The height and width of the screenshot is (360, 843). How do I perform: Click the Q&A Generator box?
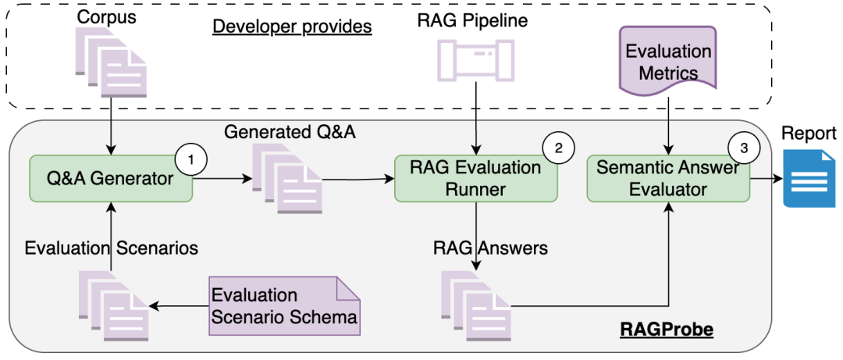pos(110,179)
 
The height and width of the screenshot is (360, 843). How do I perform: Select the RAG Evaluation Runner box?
pos(476,179)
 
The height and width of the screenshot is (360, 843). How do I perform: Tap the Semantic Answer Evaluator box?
pos(668,179)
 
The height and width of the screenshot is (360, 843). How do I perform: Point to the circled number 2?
pos(559,147)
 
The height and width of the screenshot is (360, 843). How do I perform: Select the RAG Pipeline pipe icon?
pos(474,60)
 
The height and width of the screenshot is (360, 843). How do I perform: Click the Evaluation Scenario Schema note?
pos(285,305)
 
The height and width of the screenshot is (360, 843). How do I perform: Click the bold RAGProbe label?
pos(667,330)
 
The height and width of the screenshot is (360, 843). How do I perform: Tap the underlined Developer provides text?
pos(292,26)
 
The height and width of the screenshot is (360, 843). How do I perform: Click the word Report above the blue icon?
pos(809,133)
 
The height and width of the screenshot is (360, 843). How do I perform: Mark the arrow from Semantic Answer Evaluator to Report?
pos(767,179)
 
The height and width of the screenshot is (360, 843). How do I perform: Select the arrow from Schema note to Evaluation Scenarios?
pos(179,305)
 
